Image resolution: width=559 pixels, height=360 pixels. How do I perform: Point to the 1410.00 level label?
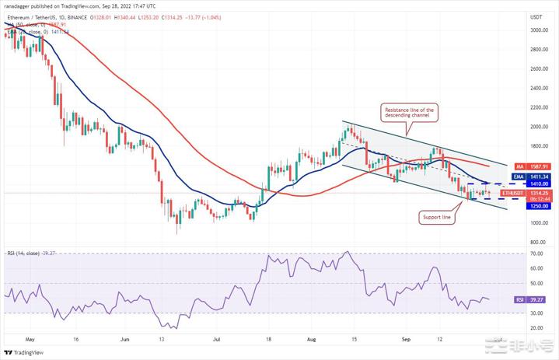(534, 184)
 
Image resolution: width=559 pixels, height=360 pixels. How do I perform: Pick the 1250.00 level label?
(534, 205)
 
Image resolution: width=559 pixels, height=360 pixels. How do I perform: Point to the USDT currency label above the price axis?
(535, 16)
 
